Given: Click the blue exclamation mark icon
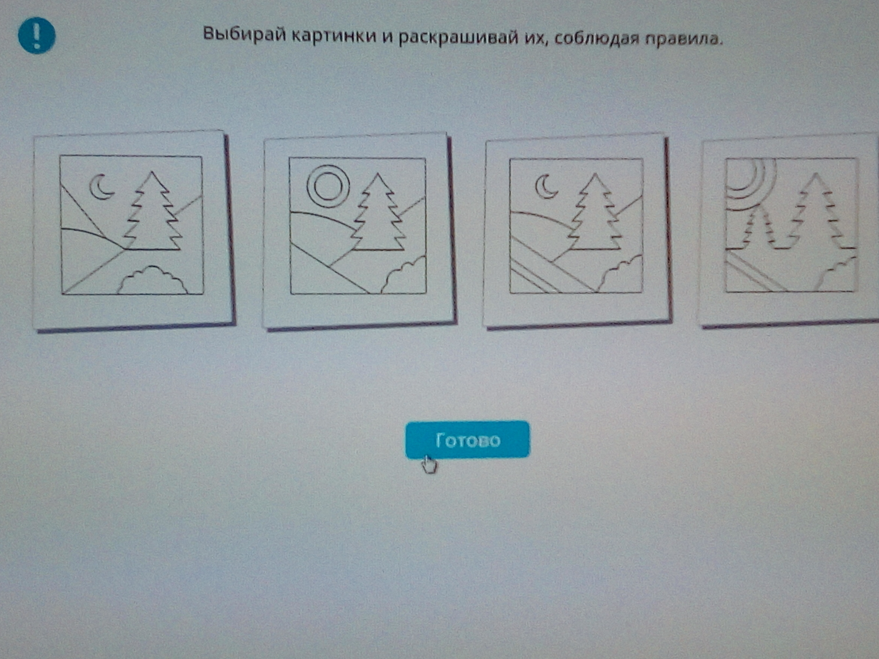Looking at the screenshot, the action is click(37, 35).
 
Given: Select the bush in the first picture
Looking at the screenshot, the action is click(152, 280).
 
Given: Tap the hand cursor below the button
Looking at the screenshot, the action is click(429, 464).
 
